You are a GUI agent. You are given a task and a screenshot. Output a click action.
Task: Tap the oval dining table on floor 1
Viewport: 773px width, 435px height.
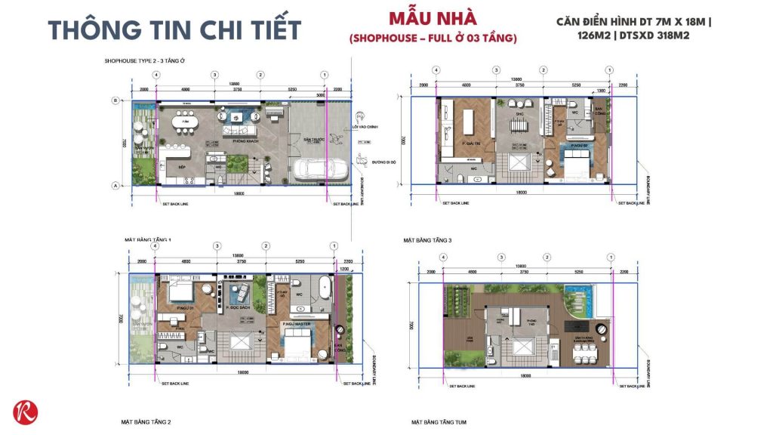click(x=184, y=121)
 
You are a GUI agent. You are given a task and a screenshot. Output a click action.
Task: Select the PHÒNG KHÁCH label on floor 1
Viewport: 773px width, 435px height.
click(x=240, y=138)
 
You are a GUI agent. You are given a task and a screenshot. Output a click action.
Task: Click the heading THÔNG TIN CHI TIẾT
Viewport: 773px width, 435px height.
click(x=174, y=29)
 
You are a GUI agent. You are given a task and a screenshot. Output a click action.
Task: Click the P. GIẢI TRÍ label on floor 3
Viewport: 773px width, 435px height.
click(x=451, y=141)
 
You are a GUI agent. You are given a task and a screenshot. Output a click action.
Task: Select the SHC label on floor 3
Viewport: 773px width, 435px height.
click(x=519, y=115)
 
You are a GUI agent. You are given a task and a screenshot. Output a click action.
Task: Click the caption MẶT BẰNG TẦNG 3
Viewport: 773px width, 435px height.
click(x=427, y=239)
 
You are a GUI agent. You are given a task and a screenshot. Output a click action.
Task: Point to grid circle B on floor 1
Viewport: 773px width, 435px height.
click(x=115, y=100)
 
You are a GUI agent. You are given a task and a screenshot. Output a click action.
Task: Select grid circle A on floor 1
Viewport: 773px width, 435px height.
click(x=115, y=185)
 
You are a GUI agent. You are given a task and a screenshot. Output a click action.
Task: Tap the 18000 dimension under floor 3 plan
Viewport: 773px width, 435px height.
click(x=521, y=193)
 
